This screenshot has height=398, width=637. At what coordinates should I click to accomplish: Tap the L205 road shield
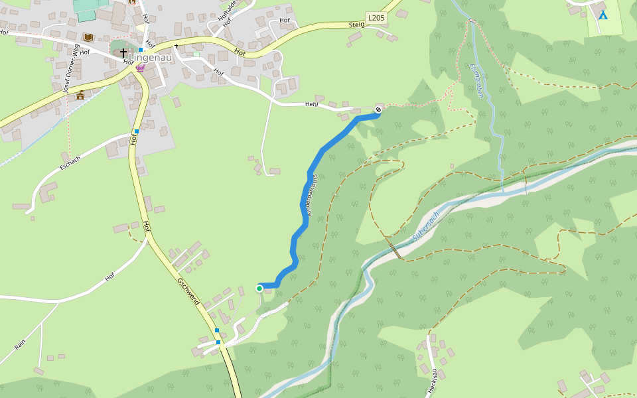tap(375, 18)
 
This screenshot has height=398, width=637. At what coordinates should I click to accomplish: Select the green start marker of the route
tap(259, 289)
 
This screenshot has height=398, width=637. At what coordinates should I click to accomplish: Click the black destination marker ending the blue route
tap(378, 109)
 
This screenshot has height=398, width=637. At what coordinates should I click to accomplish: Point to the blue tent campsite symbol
tap(602, 15)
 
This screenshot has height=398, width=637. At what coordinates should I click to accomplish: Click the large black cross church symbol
tap(123, 51)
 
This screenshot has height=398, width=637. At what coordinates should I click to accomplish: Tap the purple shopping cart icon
tap(139, 68)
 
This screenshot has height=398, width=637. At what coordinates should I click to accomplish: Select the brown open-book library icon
tap(88, 38)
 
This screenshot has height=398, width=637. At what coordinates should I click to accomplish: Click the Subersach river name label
tap(426, 227)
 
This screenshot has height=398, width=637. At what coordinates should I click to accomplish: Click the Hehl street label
tap(312, 104)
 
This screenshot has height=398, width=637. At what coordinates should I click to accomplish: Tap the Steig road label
tap(357, 25)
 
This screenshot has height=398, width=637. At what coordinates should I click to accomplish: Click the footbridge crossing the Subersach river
tap(395, 249)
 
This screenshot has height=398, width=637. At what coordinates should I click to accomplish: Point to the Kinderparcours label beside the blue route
tap(312, 195)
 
